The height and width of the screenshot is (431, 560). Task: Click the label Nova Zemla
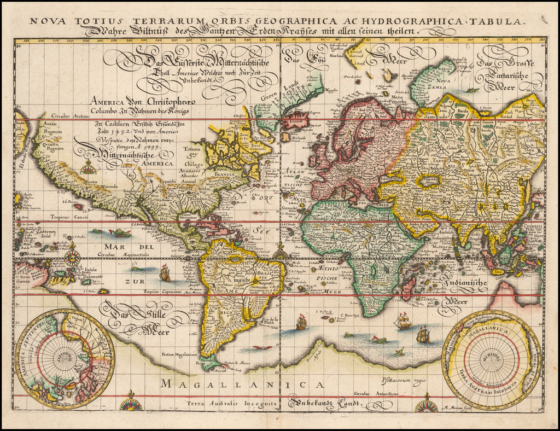[x=443, y=81]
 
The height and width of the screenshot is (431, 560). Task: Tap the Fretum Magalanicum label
[x=178, y=354]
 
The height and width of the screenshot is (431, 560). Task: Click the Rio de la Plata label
[x=270, y=321]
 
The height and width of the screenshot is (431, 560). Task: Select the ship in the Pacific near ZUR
[x=165, y=273]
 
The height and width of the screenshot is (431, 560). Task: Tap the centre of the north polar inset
[x=65, y=358]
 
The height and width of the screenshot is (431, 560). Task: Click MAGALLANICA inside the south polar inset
[x=491, y=330]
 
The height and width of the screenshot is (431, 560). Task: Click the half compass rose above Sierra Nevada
[x=87, y=168]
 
